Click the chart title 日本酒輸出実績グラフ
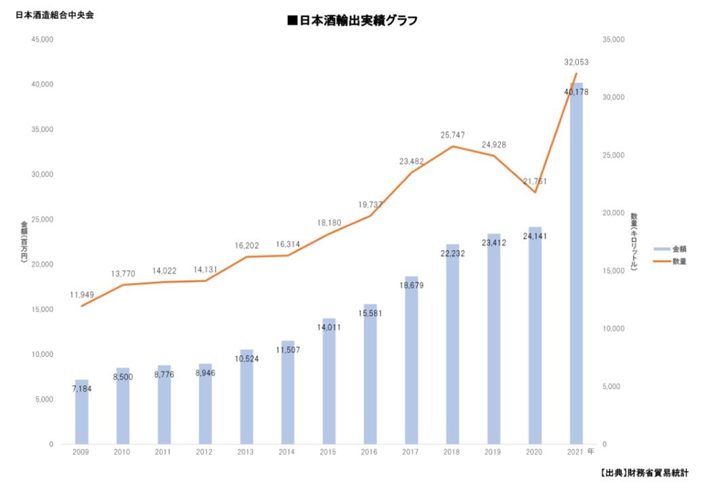click(352, 21)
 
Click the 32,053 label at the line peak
click(576, 62)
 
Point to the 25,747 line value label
click(453, 135)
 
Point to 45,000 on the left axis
click(42, 39)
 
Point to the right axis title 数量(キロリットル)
click(634, 242)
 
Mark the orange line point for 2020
click(535, 192)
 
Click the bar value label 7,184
click(81, 389)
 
